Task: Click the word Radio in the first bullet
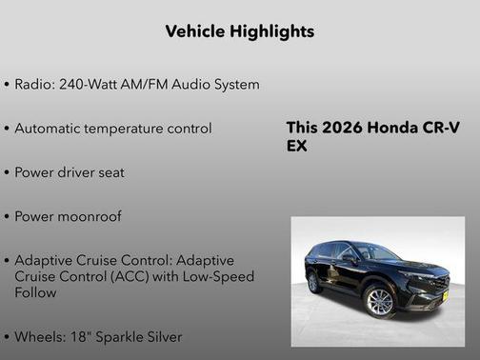pyautogui.click(x=33, y=85)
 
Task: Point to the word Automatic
pyautogui.click(x=51, y=129)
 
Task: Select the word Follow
pyautogui.click(x=35, y=292)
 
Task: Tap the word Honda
pyautogui.click(x=398, y=129)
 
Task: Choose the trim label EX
pyautogui.click(x=296, y=147)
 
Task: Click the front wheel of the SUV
pyautogui.click(x=379, y=301)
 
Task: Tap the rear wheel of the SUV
pyautogui.click(x=313, y=283)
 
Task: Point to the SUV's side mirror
pyautogui.click(x=353, y=258)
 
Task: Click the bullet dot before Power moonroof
pyautogui.click(x=8, y=217)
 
